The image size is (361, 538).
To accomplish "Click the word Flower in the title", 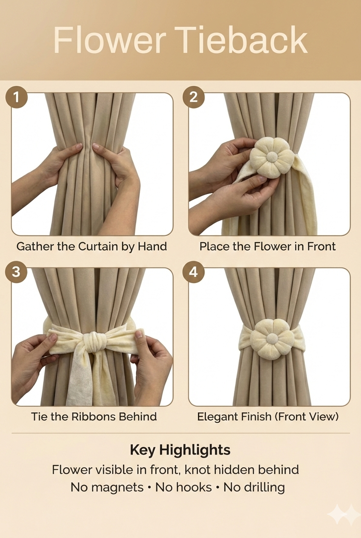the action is click(x=109, y=40).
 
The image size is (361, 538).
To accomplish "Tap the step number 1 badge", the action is click(x=16, y=97).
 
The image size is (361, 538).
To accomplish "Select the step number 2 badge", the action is click(x=194, y=97).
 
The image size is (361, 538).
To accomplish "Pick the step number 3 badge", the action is click(x=16, y=272).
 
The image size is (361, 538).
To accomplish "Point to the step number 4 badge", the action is click(x=194, y=272).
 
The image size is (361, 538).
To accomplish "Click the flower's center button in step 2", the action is click(x=272, y=157).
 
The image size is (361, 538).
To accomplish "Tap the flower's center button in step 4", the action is click(x=272, y=338).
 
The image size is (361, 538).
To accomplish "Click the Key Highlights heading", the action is click(x=180, y=449).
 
